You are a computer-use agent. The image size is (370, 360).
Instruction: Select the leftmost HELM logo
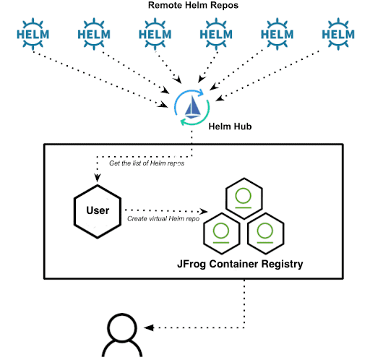coord(31,34)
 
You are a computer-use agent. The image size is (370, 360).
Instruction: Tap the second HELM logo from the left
coord(93,34)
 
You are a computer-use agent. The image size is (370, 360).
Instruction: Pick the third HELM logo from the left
coord(154,34)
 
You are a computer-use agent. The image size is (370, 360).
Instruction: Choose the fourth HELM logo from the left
coord(215,34)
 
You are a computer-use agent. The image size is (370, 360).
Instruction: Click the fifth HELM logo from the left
coord(276,34)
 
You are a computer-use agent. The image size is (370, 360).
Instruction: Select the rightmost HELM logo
coord(337,34)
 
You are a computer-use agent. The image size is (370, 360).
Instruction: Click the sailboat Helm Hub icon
coord(193,107)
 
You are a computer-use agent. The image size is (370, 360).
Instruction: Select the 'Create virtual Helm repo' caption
coord(161,218)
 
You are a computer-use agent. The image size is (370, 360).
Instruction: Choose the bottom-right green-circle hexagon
coord(264,232)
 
